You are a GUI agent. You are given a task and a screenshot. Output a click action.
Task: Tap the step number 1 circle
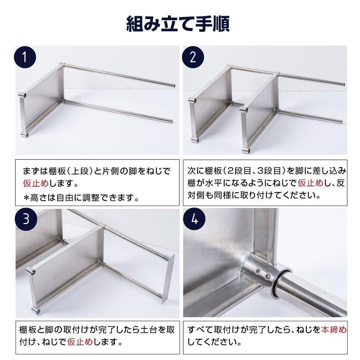coord(26,57)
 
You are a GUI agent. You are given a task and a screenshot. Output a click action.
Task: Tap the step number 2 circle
coord(194,57)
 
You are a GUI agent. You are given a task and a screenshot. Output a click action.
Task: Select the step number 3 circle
coord(26,220)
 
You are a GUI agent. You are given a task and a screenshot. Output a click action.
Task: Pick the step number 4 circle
coord(194,220)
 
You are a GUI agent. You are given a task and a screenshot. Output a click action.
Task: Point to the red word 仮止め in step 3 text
coord(85,342)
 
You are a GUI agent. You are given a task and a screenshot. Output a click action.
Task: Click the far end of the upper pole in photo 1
coord(173,85)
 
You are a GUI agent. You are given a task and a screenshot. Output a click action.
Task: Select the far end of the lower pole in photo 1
coord(171,122)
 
